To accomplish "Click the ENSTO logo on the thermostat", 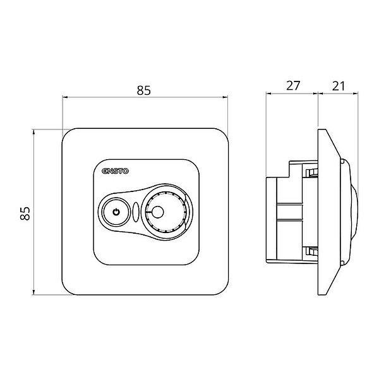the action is pyautogui.click(x=116, y=171).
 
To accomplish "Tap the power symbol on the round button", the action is pyautogui.click(x=116, y=212).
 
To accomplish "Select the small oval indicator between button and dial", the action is pyautogui.click(x=136, y=212).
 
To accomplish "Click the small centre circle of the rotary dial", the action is pyautogui.click(x=157, y=212).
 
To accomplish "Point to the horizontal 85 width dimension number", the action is pyautogui.click(x=144, y=90).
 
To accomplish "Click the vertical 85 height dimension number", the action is pyautogui.click(x=25, y=214).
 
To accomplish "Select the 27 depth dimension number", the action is pyautogui.click(x=293, y=85).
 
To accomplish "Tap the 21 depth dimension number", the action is pyautogui.click(x=338, y=86).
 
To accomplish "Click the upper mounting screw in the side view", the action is pyautogui.click(x=311, y=173).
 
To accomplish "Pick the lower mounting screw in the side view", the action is pyautogui.click(x=311, y=251).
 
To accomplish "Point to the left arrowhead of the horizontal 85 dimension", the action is pyautogui.click(x=65, y=97).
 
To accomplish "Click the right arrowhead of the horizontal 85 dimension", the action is pyautogui.click(x=225, y=97).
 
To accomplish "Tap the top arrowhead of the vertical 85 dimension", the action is pyautogui.click(x=33, y=132).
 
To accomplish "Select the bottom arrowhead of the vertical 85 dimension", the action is pyautogui.click(x=33, y=292).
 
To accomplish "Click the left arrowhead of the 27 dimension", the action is pyautogui.click(x=269, y=93).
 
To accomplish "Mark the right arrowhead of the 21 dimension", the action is pyautogui.click(x=355, y=93).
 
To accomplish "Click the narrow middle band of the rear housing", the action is pyautogui.click(x=289, y=212).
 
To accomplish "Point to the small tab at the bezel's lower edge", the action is pyautogui.click(x=342, y=263).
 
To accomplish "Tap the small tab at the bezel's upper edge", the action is pyautogui.click(x=342, y=160).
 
